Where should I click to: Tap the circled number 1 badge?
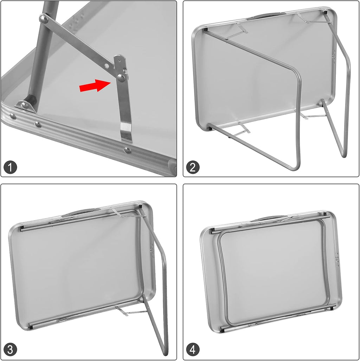[10, 167]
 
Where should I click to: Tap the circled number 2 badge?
[193, 167]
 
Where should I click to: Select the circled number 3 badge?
[10, 350]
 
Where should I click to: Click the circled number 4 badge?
[193, 350]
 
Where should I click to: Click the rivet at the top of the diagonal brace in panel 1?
[44, 19]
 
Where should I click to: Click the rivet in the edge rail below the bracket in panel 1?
[128, 151]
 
